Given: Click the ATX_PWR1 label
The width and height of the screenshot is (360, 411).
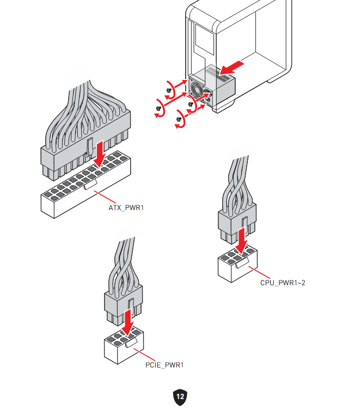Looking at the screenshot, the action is pos(126,207).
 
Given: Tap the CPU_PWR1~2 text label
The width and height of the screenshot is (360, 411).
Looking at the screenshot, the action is pos(283,283).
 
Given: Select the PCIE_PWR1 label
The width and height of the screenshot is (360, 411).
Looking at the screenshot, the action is pos(164,365).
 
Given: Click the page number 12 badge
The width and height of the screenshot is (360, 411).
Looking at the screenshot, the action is pos(180,397).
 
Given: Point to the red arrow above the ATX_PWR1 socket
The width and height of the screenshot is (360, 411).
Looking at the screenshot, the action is pos(100,154).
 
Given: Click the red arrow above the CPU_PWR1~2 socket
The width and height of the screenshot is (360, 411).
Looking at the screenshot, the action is pos(242,241).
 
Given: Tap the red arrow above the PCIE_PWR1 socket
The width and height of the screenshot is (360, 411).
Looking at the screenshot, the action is pos(128,322).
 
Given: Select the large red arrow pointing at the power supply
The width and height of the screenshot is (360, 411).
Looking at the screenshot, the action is pos(232,68).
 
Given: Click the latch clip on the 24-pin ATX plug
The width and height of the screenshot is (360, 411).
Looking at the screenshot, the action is pos(89,148).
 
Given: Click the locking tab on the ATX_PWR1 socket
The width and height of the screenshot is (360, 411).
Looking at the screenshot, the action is pos(90,184).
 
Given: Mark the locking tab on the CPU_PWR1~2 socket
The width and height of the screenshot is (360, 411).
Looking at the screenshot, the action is pos(242,262).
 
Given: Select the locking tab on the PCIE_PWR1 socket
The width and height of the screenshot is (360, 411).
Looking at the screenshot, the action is pos(131,343).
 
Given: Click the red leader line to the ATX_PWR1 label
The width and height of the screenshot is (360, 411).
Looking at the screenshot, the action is pos(105,197).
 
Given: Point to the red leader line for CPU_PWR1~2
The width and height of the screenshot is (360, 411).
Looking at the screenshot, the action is pos(259,273).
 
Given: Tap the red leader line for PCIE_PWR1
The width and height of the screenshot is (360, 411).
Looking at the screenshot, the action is pos(144,354).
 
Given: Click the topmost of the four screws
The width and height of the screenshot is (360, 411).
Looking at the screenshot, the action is pos(169,90).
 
